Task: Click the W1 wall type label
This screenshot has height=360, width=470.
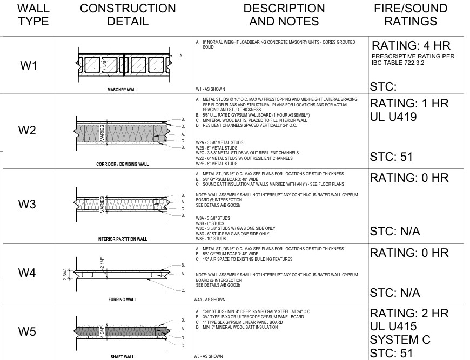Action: (29, 65)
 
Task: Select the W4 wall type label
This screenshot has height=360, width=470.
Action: (27, 273)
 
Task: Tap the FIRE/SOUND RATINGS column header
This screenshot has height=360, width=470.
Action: (411, 15)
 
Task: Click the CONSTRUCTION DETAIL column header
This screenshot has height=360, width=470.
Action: (127, 15)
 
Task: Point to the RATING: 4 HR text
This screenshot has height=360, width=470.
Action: (411, 45)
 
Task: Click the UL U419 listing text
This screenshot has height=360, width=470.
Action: (393, 117)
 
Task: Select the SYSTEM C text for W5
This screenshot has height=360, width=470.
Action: (400, 339)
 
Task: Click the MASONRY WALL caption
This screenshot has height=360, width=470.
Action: (122, 90)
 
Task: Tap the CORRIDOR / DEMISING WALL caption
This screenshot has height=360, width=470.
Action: (122, 164)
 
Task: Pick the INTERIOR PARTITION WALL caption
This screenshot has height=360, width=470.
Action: (122, 239)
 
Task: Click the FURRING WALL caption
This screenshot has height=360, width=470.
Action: (122, 300)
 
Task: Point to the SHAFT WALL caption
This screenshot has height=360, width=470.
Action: (122, 357)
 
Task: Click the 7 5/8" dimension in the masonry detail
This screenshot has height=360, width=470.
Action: (104, 65)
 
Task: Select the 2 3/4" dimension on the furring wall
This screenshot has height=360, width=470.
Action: (65, 275)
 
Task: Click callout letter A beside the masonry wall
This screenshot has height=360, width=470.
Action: (181, 56)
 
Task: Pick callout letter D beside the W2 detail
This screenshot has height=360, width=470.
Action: (183, 126)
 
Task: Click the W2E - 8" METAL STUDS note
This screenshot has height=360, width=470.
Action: (217, 164)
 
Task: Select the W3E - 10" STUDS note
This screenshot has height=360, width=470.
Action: (211, 239)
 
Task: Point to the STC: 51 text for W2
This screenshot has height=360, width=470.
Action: (391, 157)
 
